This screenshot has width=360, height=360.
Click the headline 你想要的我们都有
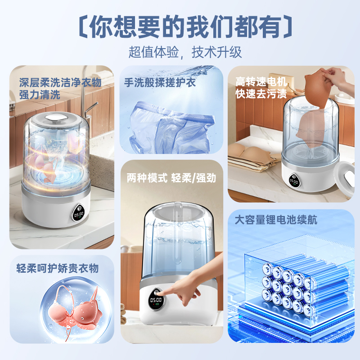[185, 27]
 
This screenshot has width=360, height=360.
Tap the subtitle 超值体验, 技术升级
[185, 52]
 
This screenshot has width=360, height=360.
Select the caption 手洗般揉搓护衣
[160, 82]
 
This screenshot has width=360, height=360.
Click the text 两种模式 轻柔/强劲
[171, 178]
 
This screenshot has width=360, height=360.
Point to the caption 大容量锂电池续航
[276, 220]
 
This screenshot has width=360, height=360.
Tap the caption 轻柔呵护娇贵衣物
[58, 268]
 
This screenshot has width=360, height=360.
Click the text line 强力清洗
[40, 95]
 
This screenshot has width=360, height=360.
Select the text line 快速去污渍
[261, 94]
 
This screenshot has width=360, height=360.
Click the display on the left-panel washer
[78, 213]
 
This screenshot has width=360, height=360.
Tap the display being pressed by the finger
[156, 299]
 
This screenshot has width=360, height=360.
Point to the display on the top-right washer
[294, 181]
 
